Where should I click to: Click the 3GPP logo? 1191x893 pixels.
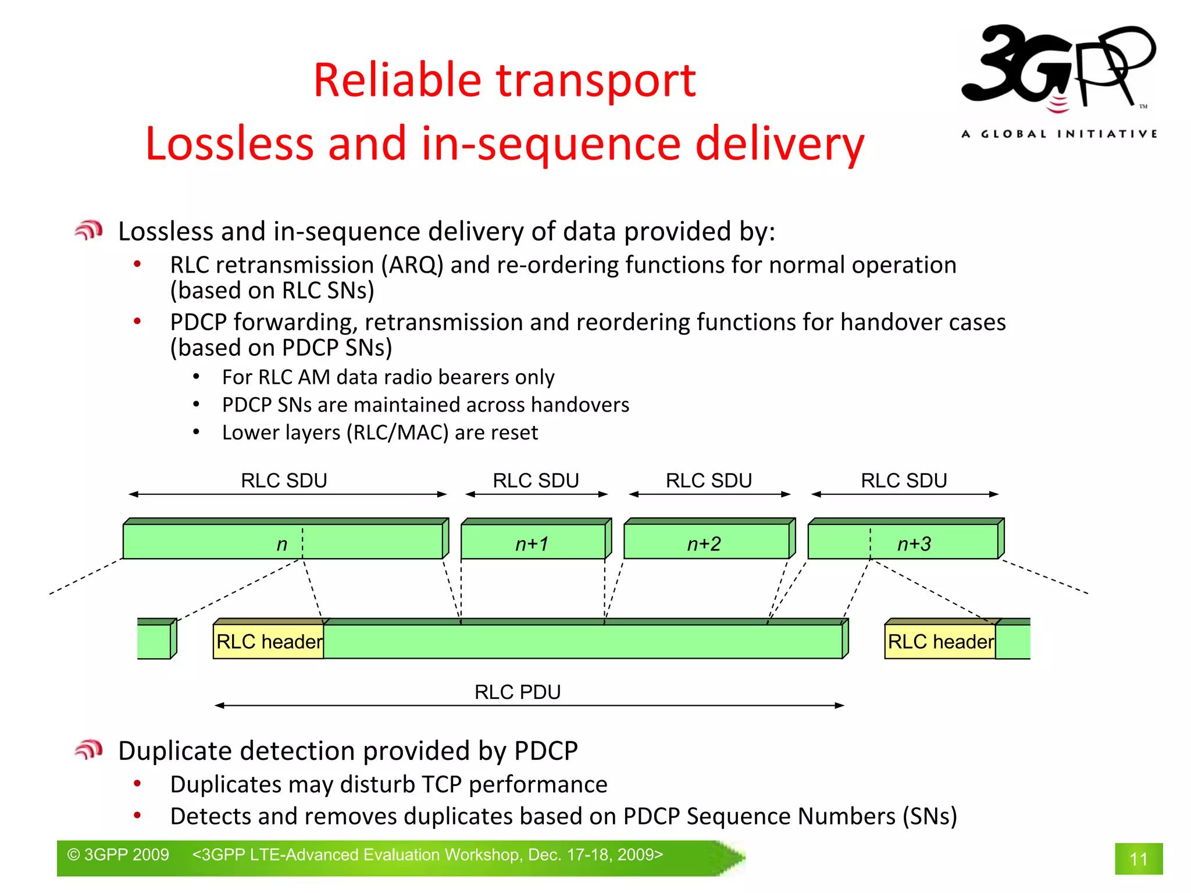coord(1057,67)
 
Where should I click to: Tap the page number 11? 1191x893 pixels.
coord(1138,859)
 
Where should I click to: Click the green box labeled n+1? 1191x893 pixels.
coord(533,541)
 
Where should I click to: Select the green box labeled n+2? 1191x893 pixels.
coord(707,541)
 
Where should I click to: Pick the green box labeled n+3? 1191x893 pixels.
coord(904,541)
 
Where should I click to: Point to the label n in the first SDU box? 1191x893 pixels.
coord(282,544)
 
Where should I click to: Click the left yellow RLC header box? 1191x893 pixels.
coord(269,641)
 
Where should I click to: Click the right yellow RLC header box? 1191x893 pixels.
coord(940,641)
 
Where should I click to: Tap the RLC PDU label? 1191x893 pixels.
coord(518,692)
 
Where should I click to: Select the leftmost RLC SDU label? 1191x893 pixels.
coord(284,481)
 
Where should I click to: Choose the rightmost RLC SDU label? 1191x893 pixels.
coord(904,481)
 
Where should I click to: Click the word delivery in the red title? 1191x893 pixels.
coord(779,144)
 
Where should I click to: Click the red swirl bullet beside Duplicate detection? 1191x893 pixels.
coord(88,750)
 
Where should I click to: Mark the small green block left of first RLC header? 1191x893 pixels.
coord(156,640)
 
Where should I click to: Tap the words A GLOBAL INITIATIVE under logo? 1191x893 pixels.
coord(1058,134)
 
